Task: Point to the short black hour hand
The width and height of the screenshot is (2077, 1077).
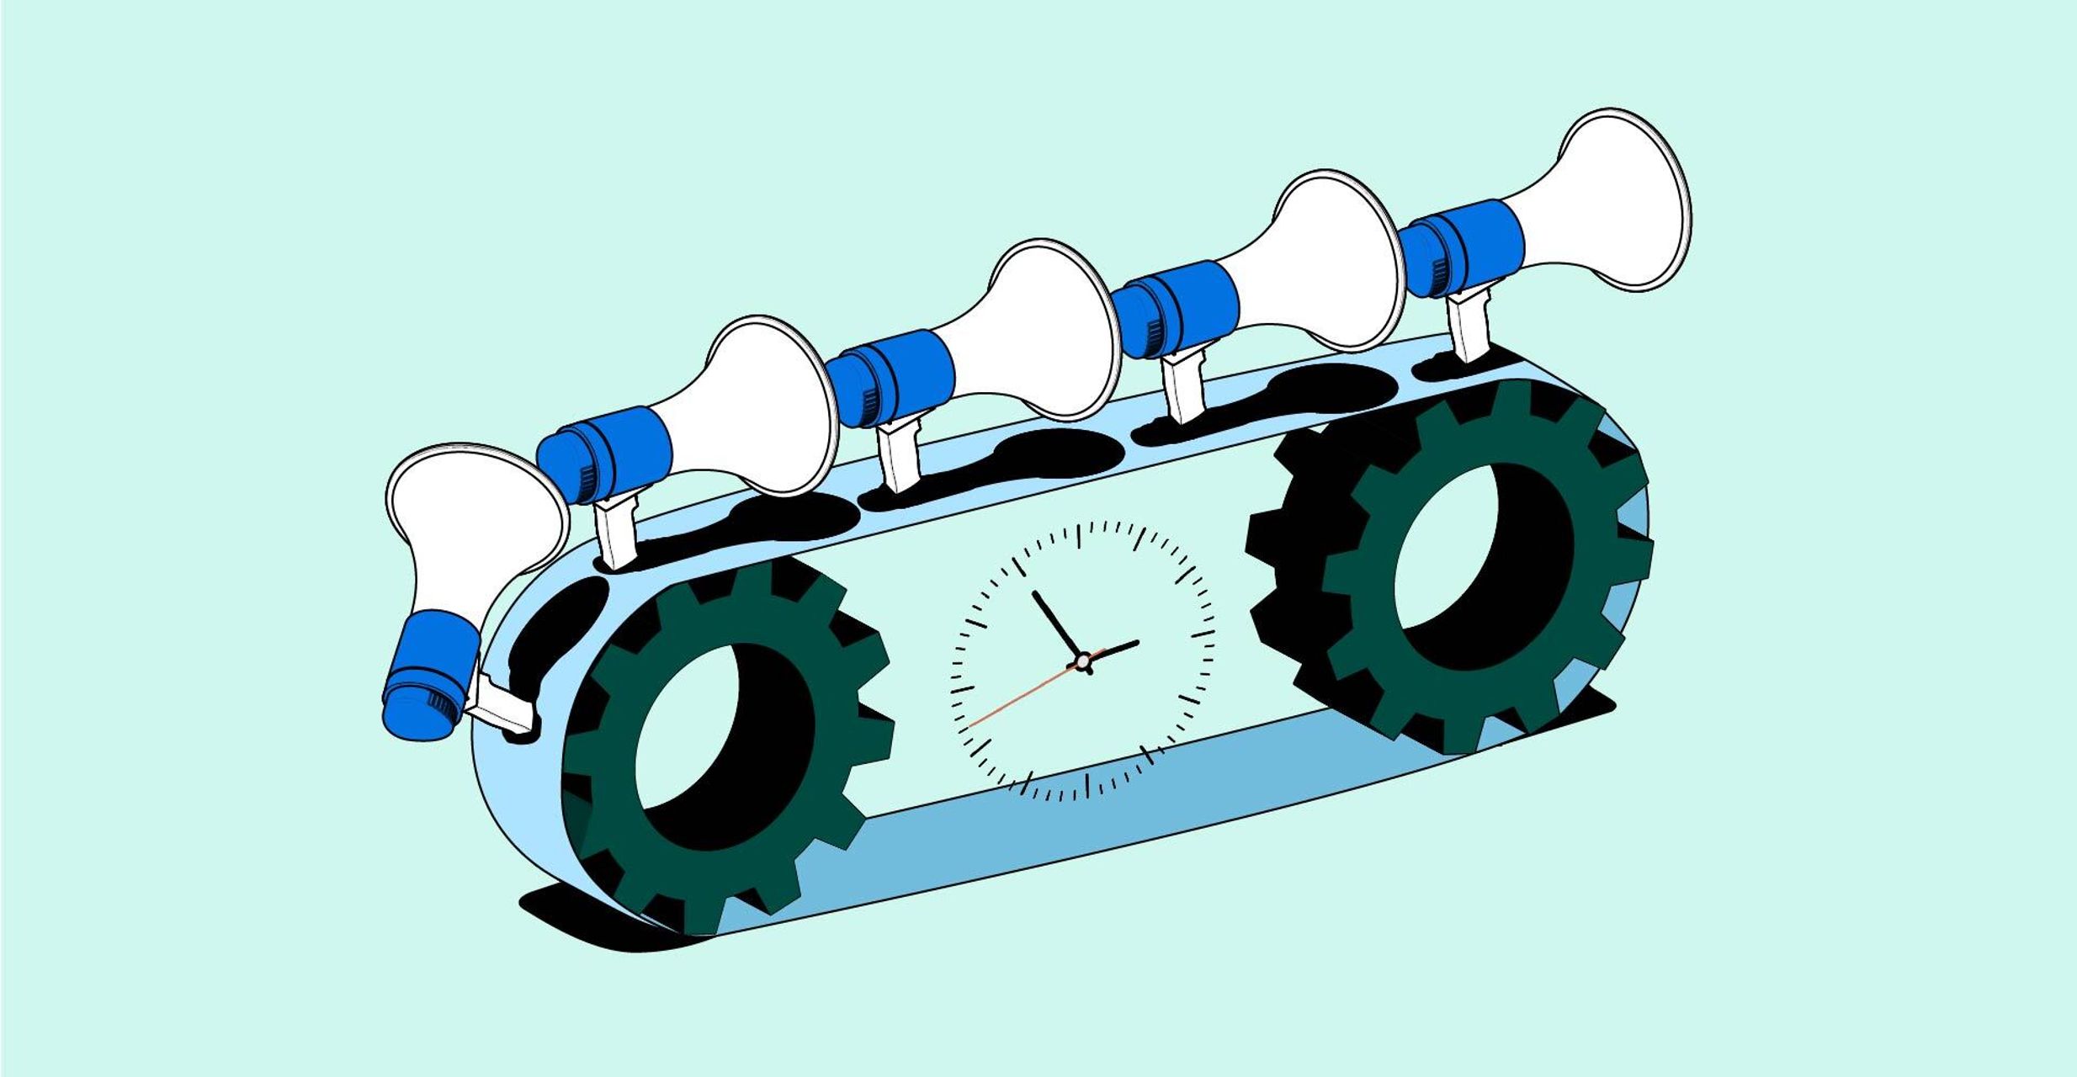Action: pos(1113,650)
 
